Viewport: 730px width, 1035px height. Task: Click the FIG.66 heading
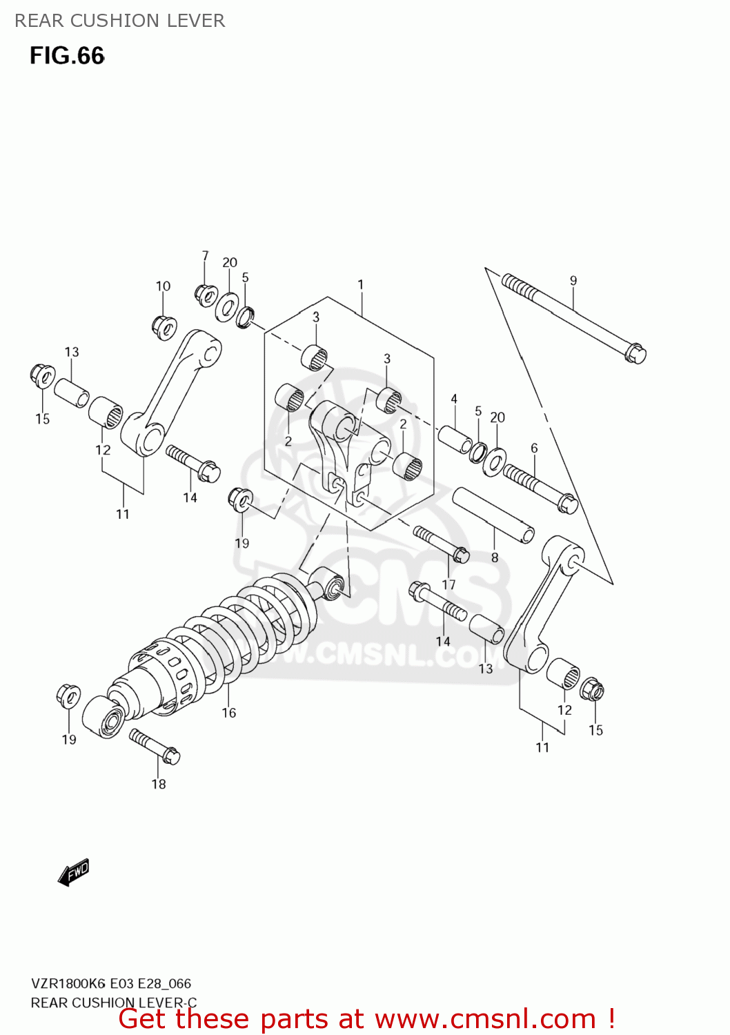point(67,56)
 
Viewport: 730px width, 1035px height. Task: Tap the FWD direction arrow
point(73,872)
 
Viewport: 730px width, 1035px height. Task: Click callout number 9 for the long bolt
point(573,281)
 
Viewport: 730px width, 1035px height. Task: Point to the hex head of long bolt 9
point(635,353)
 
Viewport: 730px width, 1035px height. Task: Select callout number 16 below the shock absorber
point(229,713)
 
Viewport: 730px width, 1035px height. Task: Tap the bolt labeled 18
point(155,747)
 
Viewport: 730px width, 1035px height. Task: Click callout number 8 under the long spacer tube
point(495,558)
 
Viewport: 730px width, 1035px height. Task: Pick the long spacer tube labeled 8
point(493,515)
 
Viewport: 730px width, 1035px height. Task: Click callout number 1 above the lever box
point(360,284)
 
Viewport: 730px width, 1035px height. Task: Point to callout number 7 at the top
point(205,256)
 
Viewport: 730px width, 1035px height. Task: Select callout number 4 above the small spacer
point(454,399)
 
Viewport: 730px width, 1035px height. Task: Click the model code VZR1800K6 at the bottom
point(68,984)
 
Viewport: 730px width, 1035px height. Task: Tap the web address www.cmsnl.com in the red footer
point(485,1019)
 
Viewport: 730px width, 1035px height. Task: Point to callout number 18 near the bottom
point(159,784)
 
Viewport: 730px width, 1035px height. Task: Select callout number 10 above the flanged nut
point(163,286)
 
